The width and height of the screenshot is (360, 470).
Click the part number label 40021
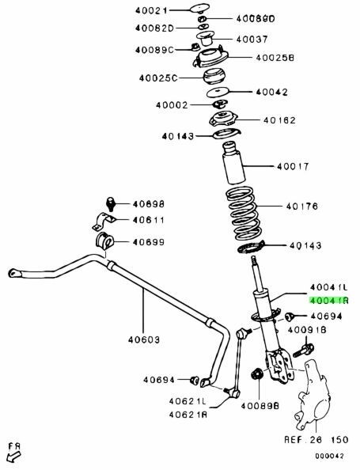pos(151,11)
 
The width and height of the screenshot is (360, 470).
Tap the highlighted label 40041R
pos(329,301)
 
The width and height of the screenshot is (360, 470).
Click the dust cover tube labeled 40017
pos(233,163)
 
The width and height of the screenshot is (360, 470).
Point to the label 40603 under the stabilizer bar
pos(144,340)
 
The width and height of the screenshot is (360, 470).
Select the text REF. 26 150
pos(316,440)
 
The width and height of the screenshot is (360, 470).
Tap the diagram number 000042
pos(329,456)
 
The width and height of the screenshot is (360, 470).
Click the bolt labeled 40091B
pos(303,351)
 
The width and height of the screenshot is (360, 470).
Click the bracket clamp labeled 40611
pos(104,222)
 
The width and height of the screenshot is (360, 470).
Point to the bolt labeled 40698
pos(111,204)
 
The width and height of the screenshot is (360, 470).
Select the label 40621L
pos(188,401)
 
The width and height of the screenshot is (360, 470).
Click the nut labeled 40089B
pos(256,373)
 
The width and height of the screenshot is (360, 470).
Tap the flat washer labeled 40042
pos(218,93)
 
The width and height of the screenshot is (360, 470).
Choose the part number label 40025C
pos(158,78)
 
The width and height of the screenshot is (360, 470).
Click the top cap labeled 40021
pos(199,7)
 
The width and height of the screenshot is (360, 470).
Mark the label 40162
pos(279,120)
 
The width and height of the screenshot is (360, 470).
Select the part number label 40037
pos(252,40)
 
